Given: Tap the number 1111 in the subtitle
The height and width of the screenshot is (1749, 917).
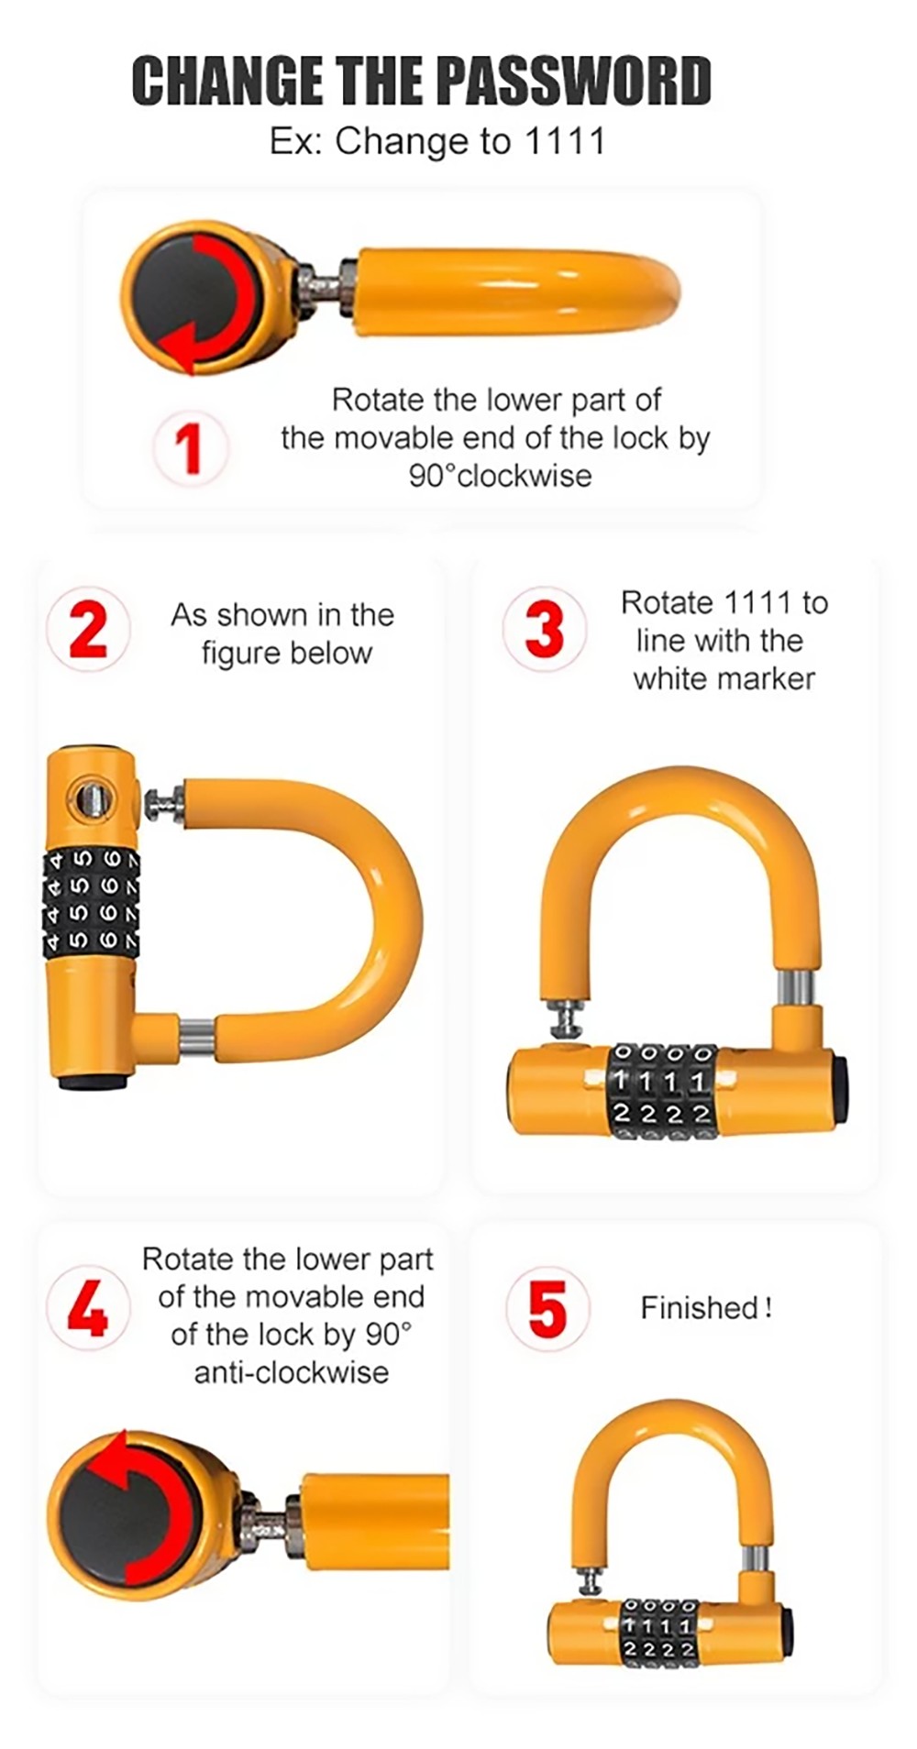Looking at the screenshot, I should pos(564,142).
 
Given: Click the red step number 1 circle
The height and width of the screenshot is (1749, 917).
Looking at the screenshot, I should pos(190,448).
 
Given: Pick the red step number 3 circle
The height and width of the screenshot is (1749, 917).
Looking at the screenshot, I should pos(544,629).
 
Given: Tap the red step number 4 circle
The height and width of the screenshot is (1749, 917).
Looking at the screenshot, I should pos(88,1309).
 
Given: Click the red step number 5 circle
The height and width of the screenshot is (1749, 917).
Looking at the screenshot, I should pos(547,1309).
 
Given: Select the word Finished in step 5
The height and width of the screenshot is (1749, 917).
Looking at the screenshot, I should pos(699,1308).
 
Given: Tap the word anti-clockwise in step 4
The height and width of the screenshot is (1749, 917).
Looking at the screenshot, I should pos(291,1372).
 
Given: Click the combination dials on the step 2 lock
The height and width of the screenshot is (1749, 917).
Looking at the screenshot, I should pos(92,904).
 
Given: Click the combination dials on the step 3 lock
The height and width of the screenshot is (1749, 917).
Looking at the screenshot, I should pos(663,1092).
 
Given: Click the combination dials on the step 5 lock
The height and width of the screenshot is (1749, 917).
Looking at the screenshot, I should pos(660,1633).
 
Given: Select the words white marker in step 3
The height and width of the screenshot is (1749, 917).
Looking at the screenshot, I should pos(724,679).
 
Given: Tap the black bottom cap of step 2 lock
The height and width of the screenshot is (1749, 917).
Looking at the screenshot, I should pos(93,1083).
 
